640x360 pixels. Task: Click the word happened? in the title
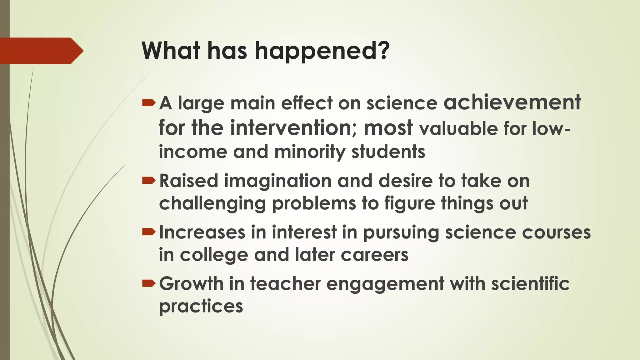pyautogui.click(x=322, y=51)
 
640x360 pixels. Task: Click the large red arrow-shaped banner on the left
pyautogui.click(x=41, y=51)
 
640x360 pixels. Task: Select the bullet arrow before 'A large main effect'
pyautogui.click(x=148, y=103)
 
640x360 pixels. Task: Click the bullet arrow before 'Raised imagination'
pyautogui.click(x=148, y=181)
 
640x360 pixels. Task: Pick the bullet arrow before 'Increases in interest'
pyautogui.click(x=148, y=232)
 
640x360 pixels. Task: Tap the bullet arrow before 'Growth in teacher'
pyautogui.click(x=148, y=283)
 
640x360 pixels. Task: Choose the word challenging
pyautogui.click(x=212, y=204)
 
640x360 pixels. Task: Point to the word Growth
pyautogui.click(x=191, y=284)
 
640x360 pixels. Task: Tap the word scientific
pyautogui.click(x=530, y=284)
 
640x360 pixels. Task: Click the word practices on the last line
pyautogui.click(x=201, y=307)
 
